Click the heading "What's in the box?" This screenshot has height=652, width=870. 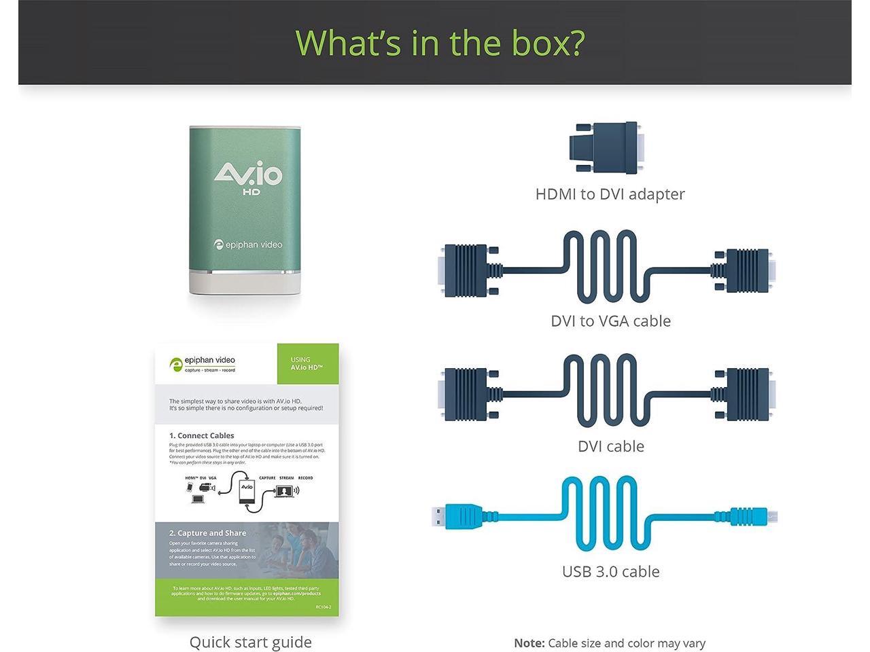440,42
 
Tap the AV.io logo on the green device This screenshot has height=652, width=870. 247,175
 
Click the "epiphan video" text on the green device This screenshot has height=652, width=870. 248,244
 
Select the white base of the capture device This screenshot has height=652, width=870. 245,282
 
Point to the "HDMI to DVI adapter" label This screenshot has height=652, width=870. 610,194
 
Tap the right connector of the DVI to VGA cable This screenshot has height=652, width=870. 745,270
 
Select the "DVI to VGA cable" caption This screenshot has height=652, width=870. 610,321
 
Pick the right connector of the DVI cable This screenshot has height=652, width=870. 746,394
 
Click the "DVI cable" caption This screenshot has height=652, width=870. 610,446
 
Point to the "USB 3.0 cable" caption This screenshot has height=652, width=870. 610,572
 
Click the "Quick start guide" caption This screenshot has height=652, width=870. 250,642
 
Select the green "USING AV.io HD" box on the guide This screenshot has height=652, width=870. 307,364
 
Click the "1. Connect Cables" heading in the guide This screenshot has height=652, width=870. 201,435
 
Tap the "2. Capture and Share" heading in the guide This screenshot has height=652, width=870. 207,533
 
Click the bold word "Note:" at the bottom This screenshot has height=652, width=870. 529,643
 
